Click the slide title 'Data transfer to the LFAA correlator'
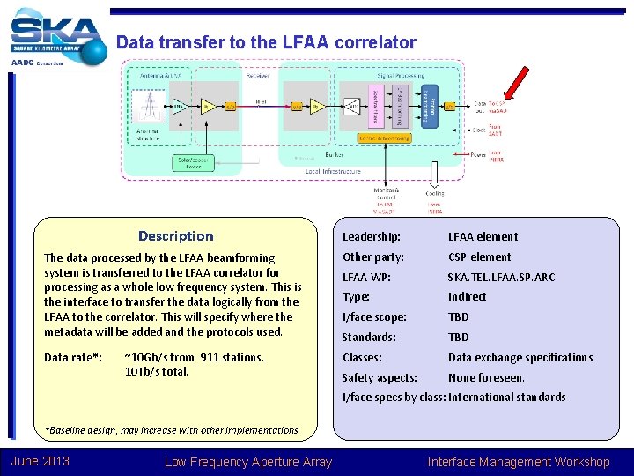[x=266, y=42]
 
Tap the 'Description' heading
[x=175, y=236]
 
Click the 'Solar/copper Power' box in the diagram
[x=194, y=162]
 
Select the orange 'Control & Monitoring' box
[x=385, y=138]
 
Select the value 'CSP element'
[x=479, y=257]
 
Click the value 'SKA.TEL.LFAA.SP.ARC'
[x=502, y=277]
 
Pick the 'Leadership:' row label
[x=372, y=237]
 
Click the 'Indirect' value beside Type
[x=467, y=297]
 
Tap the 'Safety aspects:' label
[x=380, y=377]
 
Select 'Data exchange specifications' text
[x=520, y=357]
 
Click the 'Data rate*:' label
[x=73, y=357]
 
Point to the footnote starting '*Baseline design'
[x=172, y=430]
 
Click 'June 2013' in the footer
[x=40, y=462]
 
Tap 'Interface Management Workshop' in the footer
[x=518, y=462]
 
